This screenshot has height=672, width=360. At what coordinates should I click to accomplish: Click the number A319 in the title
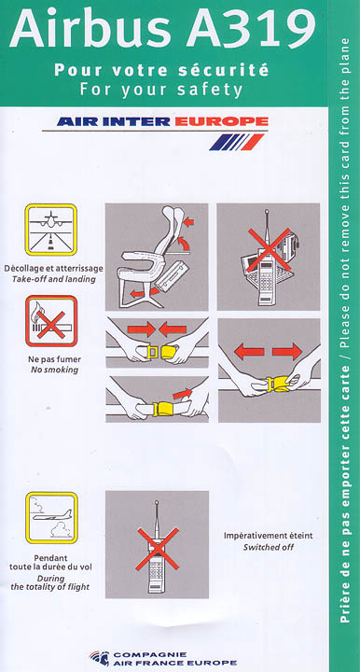point(251,30)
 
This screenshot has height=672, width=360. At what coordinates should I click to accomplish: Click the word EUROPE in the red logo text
point(222,121)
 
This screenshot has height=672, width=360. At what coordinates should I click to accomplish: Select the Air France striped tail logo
point(236,142)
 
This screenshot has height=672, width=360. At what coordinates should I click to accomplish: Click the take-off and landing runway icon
point(51,230)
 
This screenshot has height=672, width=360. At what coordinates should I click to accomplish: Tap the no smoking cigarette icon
point(51,321)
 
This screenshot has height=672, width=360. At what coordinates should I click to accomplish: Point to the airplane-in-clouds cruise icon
point(51,518)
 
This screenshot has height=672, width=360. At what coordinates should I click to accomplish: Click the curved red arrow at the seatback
point(183,245)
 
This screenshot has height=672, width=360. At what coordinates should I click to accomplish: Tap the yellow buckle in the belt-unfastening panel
point(273,384)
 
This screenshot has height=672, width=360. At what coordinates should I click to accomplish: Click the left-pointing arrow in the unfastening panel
point(249,352)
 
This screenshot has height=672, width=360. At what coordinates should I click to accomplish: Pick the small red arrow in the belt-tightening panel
point(183,393)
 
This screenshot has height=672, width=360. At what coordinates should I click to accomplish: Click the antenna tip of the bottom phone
point(157,503)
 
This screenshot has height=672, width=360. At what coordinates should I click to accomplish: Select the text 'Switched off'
point(269,547)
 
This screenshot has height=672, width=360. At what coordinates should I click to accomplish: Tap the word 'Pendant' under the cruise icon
point(51,558)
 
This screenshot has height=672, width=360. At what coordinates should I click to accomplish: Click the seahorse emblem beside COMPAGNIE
point(100,658)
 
